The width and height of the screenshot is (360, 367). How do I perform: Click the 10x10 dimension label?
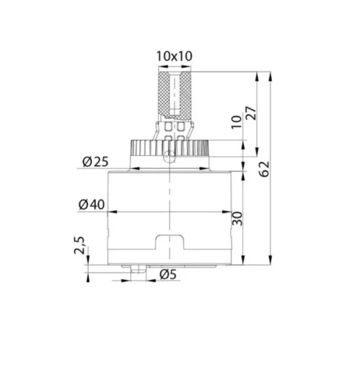(174, 56)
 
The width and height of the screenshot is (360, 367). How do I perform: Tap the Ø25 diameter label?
(95, 161)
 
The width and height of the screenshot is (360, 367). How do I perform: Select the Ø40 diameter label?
(92, 204)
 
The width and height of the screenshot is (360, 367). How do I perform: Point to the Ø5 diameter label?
(168, 274)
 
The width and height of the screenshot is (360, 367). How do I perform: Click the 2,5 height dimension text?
(79, 245)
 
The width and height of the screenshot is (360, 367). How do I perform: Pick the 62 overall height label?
(264, 169)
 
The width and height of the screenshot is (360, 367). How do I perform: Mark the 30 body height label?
(237, 218)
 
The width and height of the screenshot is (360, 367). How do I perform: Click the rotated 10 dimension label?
(237, 122)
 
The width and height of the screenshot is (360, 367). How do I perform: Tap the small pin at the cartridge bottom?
(139, 269)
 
